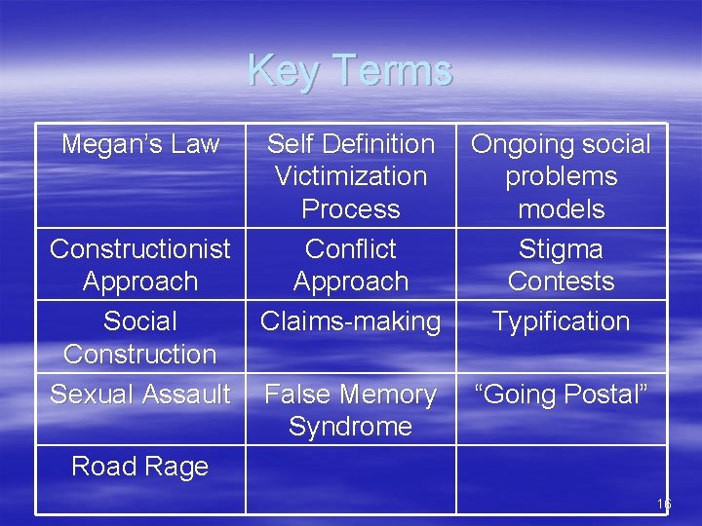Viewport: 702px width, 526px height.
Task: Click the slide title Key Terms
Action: pyautogui.click(x=350, y=70)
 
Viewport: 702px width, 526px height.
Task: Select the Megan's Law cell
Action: pyautogui.click(x=140, y=144)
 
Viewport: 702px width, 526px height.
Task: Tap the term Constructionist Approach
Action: pyautogui.click(x=140, y=265)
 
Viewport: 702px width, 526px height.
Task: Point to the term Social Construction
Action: pyautogui.click(x=140, y=337)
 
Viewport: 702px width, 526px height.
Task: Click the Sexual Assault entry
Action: pyautogui.click(x=140, y=394)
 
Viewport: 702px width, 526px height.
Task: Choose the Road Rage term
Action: pyautogui.click(x=140, y=467)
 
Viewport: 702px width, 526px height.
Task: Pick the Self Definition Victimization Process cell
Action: pyautogui.click(x=351, y=176)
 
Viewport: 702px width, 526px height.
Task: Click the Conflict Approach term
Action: pyautogui.click(x=351, y=265)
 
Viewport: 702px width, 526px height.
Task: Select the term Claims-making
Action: pyautogui.click(x=351, y=321)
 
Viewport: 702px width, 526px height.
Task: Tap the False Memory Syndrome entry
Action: pyautogui.click(x=351, y=410)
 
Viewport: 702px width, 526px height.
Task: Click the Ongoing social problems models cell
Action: pyautogui.click(x=562, y=176)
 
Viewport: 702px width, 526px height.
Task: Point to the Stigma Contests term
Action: pyautogui.click(x=562, y=265)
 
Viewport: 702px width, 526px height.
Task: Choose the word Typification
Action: pyautogui.click(x=562, y=321)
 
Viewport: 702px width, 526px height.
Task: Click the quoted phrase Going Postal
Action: pyautogui.click(x=562, y=394)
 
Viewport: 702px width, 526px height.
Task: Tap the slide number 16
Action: pyautogui.click(x=664, y=505)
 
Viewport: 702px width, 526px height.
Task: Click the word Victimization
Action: pyautogui.click(x=351, y=176)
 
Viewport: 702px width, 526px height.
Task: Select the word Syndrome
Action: pyautogui.click(x=351, y=427)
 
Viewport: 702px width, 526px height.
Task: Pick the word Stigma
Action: pyautogui.click(x=562, y=249)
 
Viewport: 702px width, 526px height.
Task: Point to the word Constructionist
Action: pyautogui.click(x=140, y=249)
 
